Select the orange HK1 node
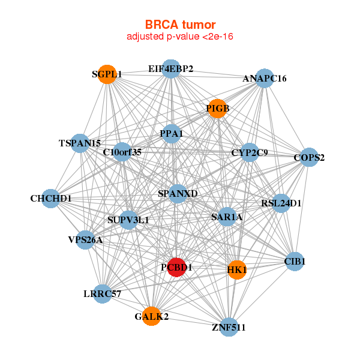tap(237, 269)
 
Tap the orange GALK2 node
tap(151, 316)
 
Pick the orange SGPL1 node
tap(107, 74)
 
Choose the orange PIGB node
tap(217, 109)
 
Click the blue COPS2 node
tap(309, 158)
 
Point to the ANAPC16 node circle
tap(265, 79)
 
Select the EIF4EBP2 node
tap(171, 69)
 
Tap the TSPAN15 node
tap(80, 143)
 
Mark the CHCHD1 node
tap(51, 199)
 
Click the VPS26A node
tap(85, 240)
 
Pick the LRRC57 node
tap(103, 294)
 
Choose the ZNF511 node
tap(229, 327)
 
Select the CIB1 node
tap(295, 261)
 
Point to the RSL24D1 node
tap(281, 203)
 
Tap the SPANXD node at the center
tap(177, 193)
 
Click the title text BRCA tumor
tap(180, 25)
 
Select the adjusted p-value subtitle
tap(180, 37)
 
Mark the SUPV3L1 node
tap(128, 220)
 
